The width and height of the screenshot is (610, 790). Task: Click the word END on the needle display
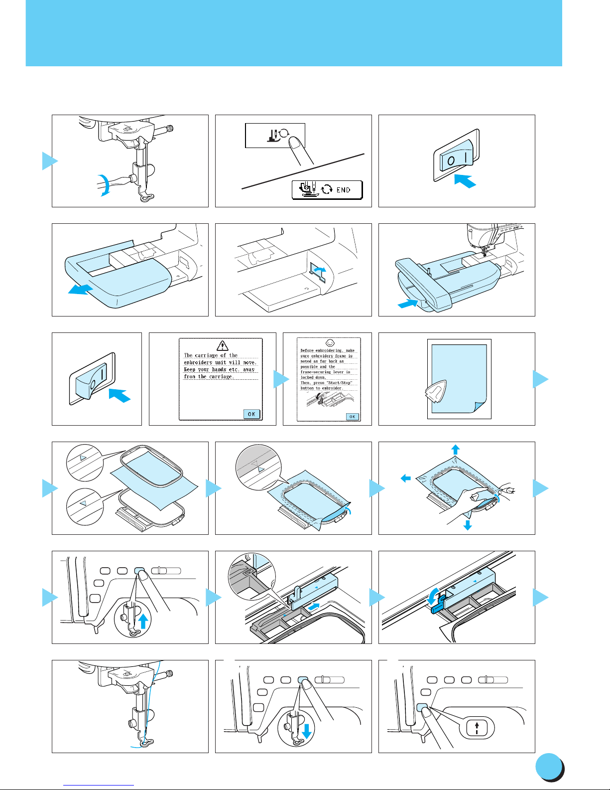[344, 190]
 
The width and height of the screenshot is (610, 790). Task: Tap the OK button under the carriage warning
[252, 414]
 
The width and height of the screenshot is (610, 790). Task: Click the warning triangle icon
[223, 345]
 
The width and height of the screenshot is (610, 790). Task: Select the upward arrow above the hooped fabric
[455, 449]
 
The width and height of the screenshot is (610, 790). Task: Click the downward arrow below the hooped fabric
[467, 524]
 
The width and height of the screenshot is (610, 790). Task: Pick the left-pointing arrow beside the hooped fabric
[406, 478]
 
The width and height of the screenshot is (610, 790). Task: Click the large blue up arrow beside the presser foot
[143, 622]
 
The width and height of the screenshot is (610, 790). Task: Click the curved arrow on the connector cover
[319, 270]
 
